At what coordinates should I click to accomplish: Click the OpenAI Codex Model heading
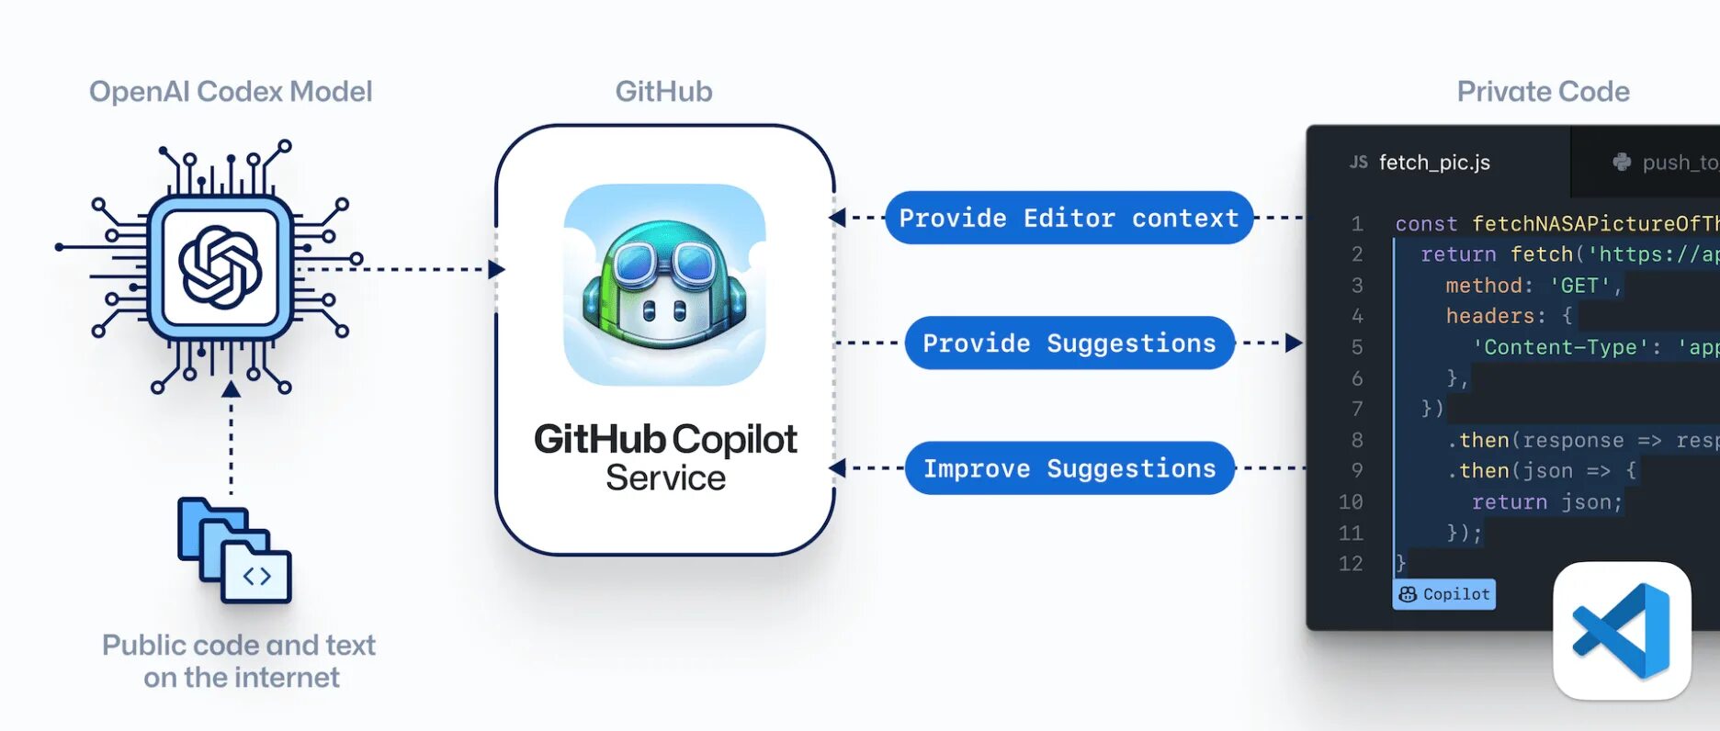coord(231,92)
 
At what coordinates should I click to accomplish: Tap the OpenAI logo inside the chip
coord(221,267)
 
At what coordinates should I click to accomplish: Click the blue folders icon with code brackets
coord(235,550)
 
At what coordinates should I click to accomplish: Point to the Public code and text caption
coord(239,660)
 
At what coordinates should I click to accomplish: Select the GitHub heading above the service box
coord(663,92)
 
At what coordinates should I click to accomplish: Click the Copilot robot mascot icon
coord(664,285)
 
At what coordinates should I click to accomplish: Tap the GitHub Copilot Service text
coord(665,457)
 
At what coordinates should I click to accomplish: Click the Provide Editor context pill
coord(1069,218)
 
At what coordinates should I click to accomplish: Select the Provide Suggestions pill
coord(1069,343)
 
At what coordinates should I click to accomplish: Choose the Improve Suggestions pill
coord(1069,468)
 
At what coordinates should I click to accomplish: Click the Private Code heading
coord(1543,92)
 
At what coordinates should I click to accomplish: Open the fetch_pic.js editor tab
coord(1433,163)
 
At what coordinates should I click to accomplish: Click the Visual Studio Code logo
coord(1622,631)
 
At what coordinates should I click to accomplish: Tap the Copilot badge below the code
coord(1444,594)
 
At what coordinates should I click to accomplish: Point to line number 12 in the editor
coord(1351,563)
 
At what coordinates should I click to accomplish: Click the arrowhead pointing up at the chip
coord(232,390)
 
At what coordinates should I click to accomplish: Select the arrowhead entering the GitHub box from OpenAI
coord(496,269)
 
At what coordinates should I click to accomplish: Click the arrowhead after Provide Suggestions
coord(1294,343)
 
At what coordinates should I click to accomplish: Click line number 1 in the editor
coord(1357,223)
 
